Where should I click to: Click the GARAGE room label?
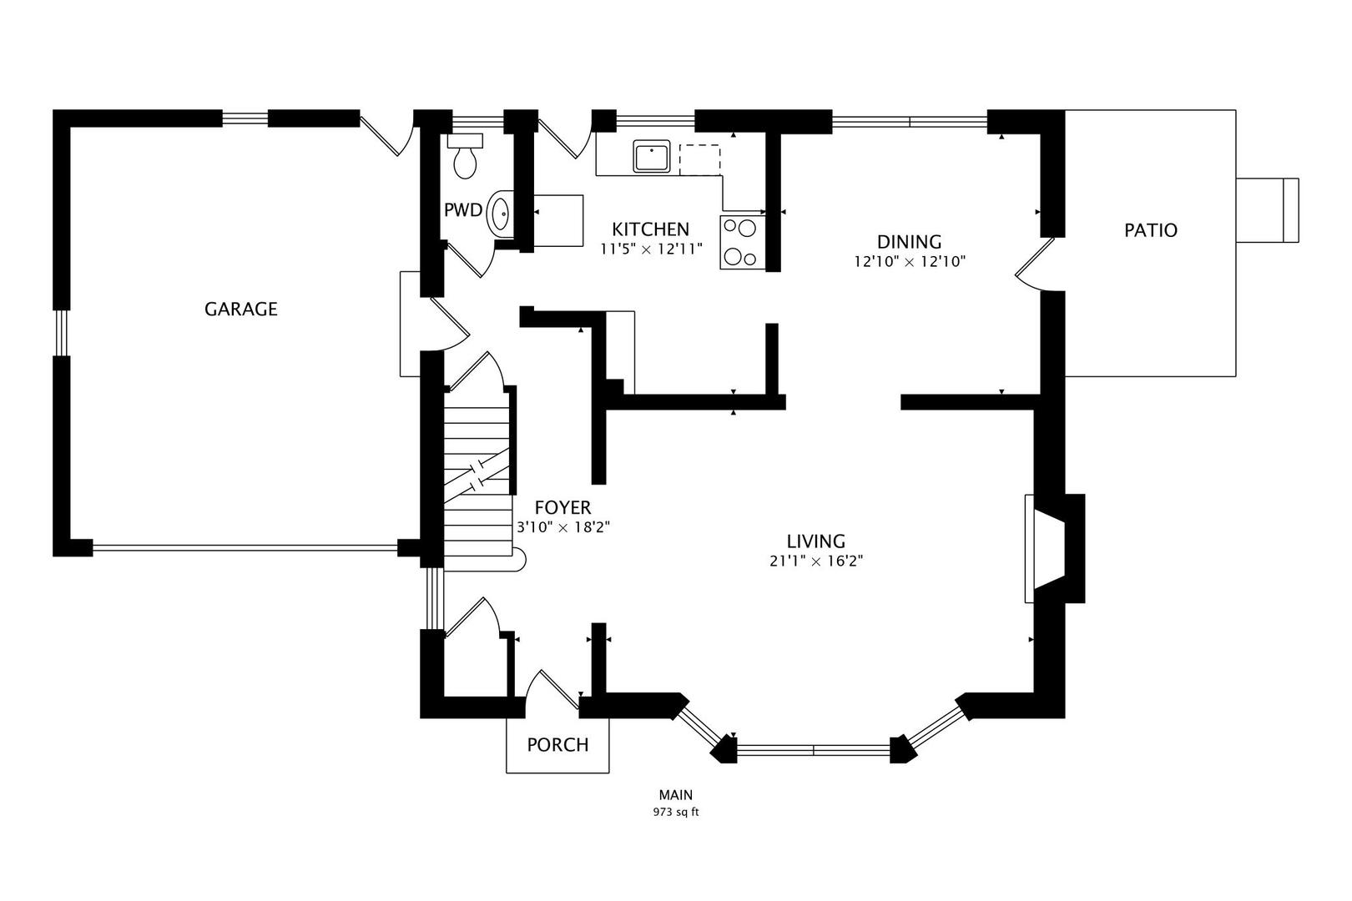240,309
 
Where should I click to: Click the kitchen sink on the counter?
652,156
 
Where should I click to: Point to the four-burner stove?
741,242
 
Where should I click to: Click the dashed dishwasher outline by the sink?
699,158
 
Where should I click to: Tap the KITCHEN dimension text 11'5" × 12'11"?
651,248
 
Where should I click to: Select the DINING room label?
909,242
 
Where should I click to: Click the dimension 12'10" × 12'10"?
909,261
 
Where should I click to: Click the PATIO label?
1150,230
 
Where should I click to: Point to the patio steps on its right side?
1267,209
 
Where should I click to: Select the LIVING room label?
815,541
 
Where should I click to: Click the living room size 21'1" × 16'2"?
815,561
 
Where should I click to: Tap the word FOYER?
562,507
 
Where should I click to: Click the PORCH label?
557,745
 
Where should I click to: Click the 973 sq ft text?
675,812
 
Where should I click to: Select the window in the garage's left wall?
60,332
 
